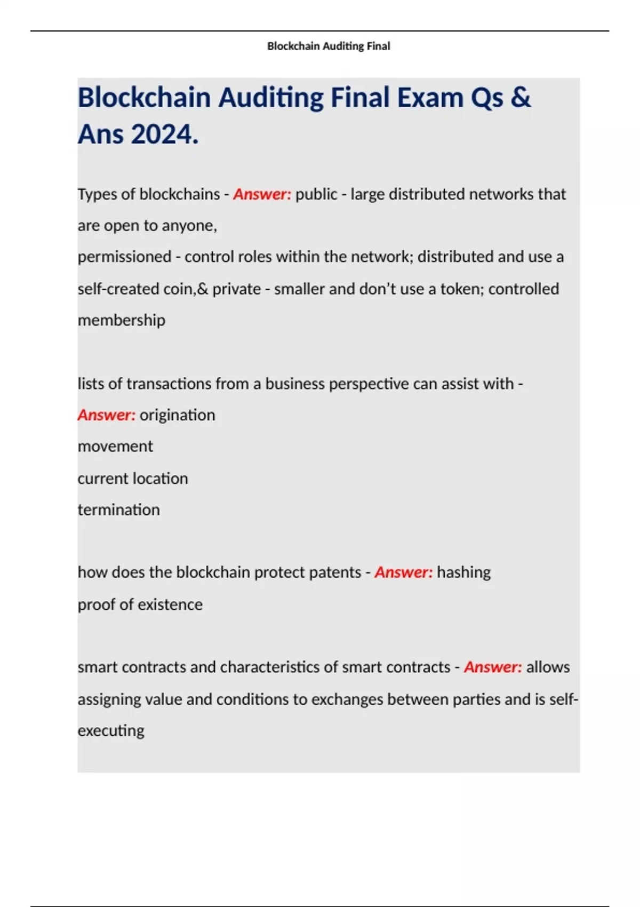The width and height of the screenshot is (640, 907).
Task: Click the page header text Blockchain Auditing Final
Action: pos(329,46)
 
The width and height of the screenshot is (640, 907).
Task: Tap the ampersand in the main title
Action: pos(520,98)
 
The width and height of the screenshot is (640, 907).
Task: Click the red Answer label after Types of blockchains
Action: pos(262,194)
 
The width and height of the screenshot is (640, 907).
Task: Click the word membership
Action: pos(122,320)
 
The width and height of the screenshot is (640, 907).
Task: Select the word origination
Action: pos(177,415)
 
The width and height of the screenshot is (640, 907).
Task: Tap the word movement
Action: pos(115,447)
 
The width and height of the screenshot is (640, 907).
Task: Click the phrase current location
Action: pos(133,479)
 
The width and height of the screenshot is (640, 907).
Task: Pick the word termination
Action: pos(118,510)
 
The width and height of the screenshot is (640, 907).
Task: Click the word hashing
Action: pos(463,572)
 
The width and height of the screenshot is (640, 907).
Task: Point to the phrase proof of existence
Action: pos(140,604)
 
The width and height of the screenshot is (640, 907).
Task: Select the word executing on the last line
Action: pos(111,730)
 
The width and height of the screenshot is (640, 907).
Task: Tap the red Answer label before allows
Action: pos(493,667)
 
